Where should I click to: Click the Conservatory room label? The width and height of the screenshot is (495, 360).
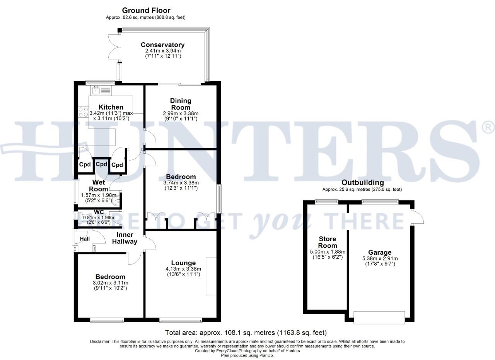click(x=162, y=45)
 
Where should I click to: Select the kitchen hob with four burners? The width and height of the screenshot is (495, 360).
click(x=83, y=112)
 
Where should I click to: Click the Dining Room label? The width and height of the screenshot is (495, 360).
click(x=181, y=104)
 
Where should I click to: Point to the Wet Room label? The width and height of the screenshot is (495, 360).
click(x=99, y=185)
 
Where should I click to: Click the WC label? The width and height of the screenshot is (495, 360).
click(x=99, y=212)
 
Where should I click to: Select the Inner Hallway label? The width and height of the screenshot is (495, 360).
click(x=125, y=238)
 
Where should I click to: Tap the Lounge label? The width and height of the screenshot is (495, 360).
click(x=183, y=263)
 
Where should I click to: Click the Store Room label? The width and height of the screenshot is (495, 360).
click(x=328, y=242)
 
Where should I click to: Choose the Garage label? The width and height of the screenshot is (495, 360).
click(x=379, y=252)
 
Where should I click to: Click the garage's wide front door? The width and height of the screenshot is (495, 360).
click(x=379, y=317)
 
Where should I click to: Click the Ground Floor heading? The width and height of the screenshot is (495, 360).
click(x=146, y=10)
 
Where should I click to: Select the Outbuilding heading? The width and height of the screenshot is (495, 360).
click(x=362, y=183)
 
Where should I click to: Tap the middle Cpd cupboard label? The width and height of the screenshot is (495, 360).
click(x=101, y=164)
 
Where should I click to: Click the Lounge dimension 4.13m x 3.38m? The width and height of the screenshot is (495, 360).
click(x=183, y=269)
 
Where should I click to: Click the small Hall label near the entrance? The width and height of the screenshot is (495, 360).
click(x=85, y=239)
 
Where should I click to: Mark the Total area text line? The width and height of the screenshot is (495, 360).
click(x=246, y=333)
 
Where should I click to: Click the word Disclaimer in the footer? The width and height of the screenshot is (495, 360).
click(x=100, y=341)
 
